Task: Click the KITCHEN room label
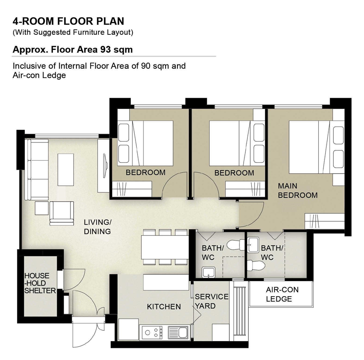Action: coord(164,307)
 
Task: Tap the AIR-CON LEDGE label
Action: coord(282,294)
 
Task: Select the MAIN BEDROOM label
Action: coord(298,190)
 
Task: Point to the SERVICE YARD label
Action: coord(211,301)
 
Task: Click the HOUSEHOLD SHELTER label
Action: coord(40,283)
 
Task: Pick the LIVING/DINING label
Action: coord(97,227)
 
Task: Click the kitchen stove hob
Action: coord(152,332)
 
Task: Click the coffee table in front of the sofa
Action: coord(66,170)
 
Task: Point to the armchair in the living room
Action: coord(62,213)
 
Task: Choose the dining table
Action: coord(165,247)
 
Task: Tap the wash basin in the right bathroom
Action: coord(253,245)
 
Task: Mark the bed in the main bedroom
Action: coord(317,147)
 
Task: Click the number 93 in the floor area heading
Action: coord(105,49)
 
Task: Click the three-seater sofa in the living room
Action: coord(36,169)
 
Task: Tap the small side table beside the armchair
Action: coord(42,208)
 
